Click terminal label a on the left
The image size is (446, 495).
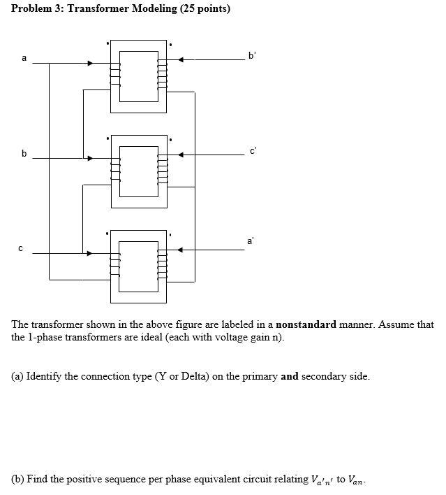24,58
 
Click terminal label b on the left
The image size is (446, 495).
24,153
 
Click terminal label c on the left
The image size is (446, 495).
21,248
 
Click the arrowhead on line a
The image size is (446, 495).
89,64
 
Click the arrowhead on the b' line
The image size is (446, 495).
181,59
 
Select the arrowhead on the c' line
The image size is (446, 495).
181,155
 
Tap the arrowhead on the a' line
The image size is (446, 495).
181,250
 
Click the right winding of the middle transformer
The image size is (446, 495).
163,168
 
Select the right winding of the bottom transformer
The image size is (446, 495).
163,264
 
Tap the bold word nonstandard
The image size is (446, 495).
306,325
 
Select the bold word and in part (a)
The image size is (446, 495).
290,376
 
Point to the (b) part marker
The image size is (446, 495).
18,479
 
